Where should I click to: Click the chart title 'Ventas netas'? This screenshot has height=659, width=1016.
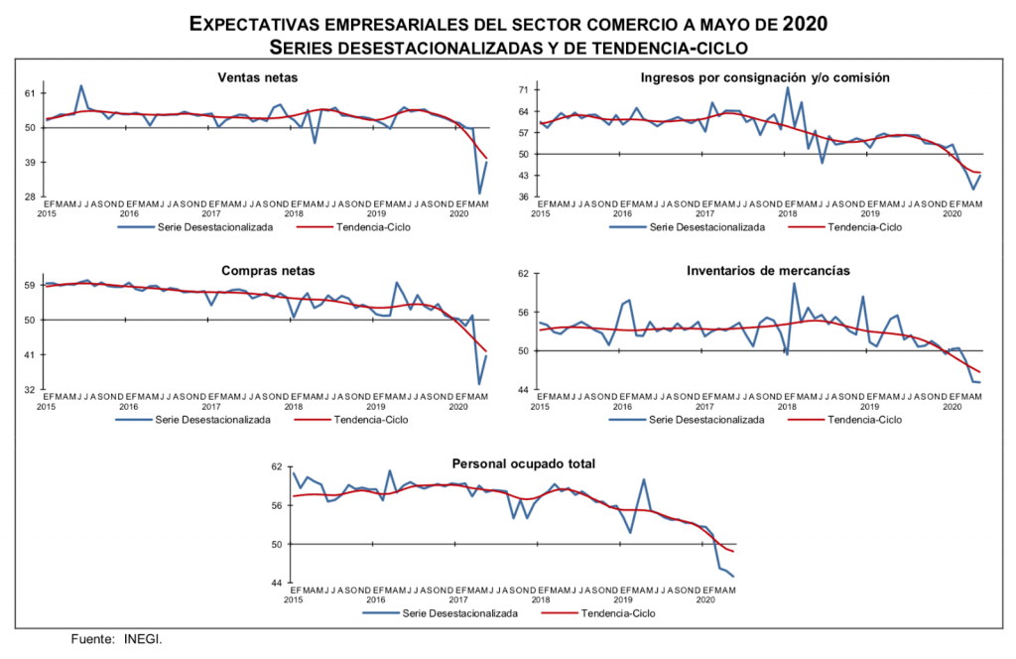coord(257,78)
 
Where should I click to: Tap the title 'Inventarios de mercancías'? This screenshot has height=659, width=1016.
coord(764,270)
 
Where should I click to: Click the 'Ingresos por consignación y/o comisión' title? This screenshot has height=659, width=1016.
coord(764,77)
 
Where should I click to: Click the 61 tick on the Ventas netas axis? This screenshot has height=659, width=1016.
coord(30,93)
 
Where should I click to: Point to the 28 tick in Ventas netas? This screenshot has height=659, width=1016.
coord(30,198)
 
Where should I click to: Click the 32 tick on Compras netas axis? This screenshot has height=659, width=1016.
coord(30,390)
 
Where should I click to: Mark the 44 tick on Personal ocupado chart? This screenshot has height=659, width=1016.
coord(277,583)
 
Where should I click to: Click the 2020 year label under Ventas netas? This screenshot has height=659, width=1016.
coord(458,213)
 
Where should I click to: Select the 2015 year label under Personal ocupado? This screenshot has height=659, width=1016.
coord(293,600)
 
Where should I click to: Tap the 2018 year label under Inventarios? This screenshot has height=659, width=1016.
coord(788,407)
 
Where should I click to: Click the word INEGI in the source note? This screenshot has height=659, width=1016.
coord(143,640)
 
